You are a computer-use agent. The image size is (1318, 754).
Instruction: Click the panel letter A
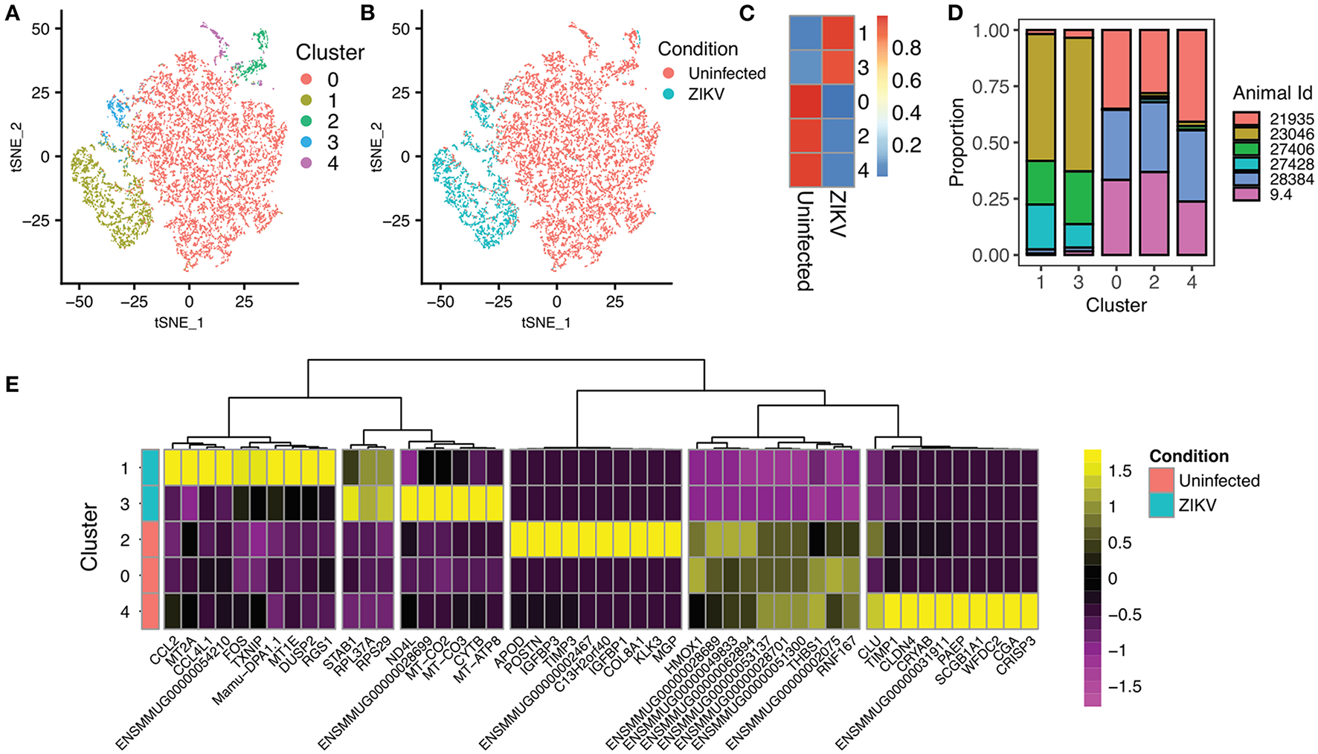(x=13, y=13)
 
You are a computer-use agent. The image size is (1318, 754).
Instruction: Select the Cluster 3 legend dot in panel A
(x=306, y=142)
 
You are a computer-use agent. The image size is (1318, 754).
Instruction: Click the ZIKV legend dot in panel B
(x=669, y=94)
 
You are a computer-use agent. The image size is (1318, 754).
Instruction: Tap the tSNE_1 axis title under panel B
(x=546, y=322)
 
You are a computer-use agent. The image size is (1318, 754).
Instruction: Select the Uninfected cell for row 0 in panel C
(x=806, y=102)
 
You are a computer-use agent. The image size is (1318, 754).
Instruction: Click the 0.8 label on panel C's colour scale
(x=907, y=48)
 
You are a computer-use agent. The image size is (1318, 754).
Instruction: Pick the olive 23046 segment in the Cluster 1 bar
(x=1041, y=97)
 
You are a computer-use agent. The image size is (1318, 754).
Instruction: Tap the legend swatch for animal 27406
(x=1247, y=149)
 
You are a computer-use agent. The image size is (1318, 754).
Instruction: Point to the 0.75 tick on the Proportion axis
(x=991, y=87)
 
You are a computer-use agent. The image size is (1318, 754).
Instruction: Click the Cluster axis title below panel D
(x=1116, y=306)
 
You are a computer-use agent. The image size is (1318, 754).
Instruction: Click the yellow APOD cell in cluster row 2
(x=519, y=540)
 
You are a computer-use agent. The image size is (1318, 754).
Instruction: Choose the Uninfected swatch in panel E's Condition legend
(x=1162, y=480)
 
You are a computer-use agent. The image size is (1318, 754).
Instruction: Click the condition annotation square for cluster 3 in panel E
(x=150, y=503)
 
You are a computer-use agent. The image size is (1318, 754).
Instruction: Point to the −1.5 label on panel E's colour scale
(x=1125, y=686)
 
